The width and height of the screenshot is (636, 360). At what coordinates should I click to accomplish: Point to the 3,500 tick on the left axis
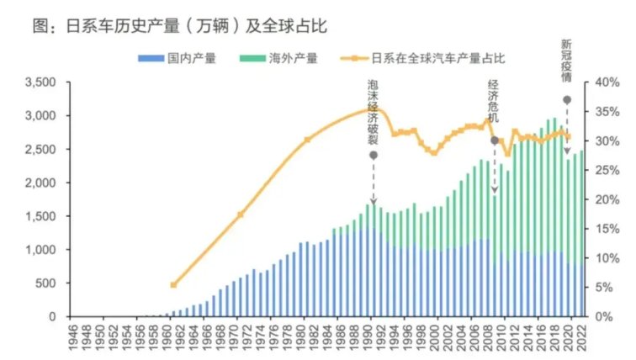pos(40,82)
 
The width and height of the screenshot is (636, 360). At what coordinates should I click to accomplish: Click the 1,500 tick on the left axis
pos(40,216)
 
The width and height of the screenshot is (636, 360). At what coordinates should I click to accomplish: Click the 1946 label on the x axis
pos(74,338)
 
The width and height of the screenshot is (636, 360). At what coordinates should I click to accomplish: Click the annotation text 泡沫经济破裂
pos(374,113)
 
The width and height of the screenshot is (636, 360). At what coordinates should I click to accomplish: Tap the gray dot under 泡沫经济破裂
pos(374,155)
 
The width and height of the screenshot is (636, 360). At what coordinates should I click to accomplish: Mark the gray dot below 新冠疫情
pos(567,100)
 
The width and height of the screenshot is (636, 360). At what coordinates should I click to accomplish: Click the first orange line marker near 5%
pos(173,285)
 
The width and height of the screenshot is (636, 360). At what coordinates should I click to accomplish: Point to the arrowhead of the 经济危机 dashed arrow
pos(495,192)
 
